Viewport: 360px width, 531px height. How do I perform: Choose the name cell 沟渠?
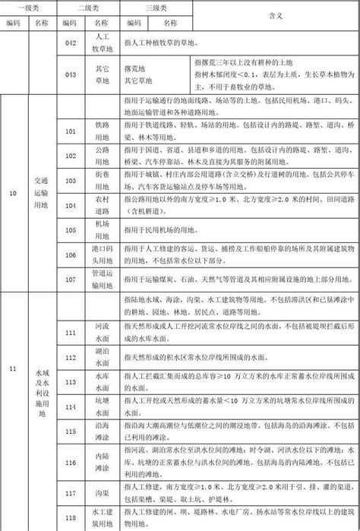[x=103, y=493]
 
